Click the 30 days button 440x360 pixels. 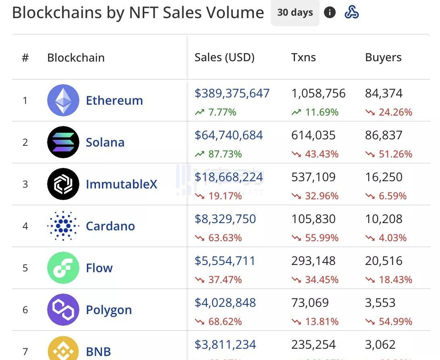click(295, 13)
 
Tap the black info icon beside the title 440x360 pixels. click(330, 13)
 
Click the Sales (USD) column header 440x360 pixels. click(224, 58)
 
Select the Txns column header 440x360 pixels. click(303, 58)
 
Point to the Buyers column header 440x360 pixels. click(383, 58)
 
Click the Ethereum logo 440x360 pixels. click(63, 100)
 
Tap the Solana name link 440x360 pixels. click(105, 142)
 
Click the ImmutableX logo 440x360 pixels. click(63, 184)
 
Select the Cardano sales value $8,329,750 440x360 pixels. click(225, 219)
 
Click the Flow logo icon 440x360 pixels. click(63, 268)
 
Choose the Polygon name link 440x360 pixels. click(109, 310)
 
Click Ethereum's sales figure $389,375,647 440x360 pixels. click(232, 93)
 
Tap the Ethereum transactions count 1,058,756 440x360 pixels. click(318, 93)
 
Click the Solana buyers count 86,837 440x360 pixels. click(384, 135)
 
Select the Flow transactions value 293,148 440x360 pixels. click(313, 261)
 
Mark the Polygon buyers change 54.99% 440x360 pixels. click(395, 322)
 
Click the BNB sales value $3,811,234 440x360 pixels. click(225, 345)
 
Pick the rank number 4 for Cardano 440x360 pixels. click(25, 226)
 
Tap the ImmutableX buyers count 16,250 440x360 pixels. click(384, 177)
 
